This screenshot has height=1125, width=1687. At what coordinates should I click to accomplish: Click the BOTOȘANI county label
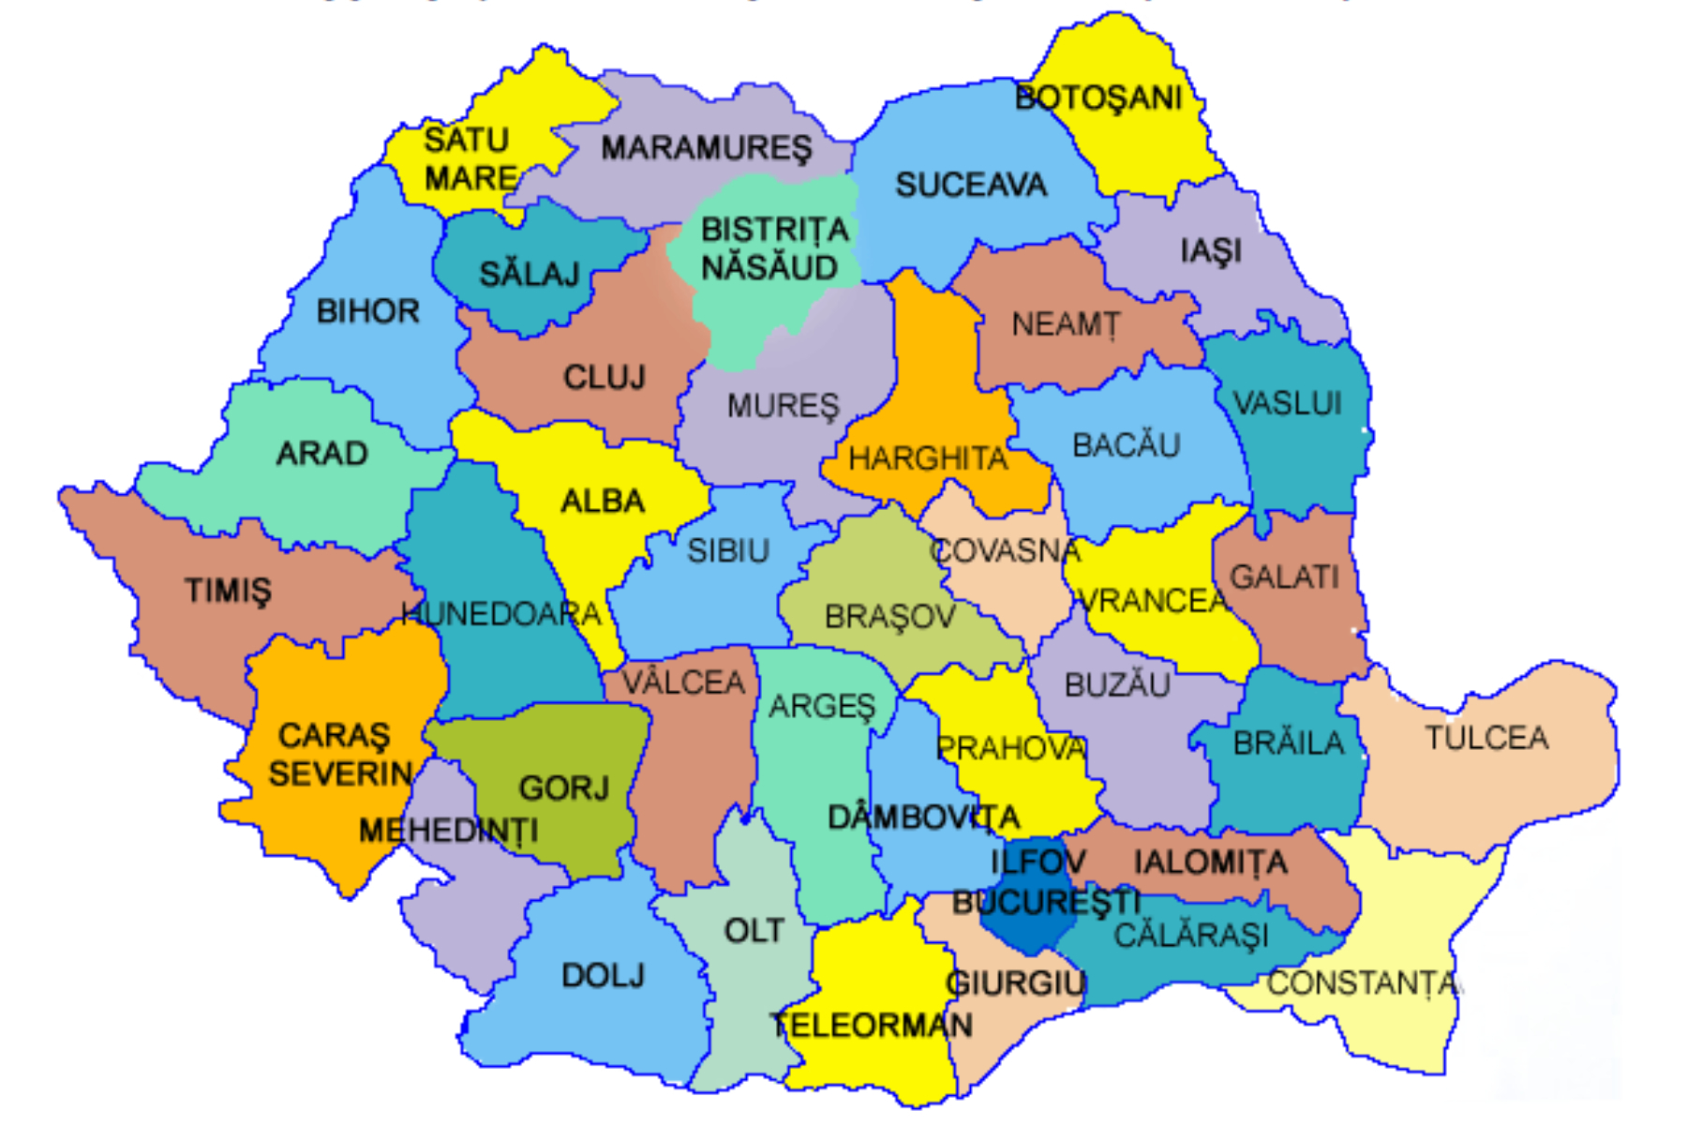1097,97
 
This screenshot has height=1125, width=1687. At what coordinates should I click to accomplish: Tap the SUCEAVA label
971,185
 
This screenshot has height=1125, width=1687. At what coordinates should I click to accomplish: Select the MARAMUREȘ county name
707,148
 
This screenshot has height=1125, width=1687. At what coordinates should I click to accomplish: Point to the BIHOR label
367,311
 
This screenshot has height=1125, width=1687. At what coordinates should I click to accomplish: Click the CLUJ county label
605,377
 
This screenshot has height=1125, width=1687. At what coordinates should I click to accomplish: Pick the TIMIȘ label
228,591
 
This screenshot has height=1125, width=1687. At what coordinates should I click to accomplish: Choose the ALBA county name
603,502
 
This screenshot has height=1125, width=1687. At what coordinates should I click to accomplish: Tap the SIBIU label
728,550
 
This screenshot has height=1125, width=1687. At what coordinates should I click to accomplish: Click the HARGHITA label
928,458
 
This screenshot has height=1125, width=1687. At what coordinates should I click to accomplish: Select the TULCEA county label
1486,738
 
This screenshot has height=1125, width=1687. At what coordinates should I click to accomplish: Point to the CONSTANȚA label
1364,983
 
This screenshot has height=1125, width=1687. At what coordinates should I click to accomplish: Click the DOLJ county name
603,976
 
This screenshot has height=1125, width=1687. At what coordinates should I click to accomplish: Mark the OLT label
754,931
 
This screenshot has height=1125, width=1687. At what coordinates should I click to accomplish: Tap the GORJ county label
564,787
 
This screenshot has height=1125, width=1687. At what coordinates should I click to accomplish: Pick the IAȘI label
1211,251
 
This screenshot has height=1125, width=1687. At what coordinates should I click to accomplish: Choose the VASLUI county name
1288,404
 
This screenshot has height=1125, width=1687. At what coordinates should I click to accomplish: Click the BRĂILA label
1289,743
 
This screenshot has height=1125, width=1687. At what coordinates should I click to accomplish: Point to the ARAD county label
321,454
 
